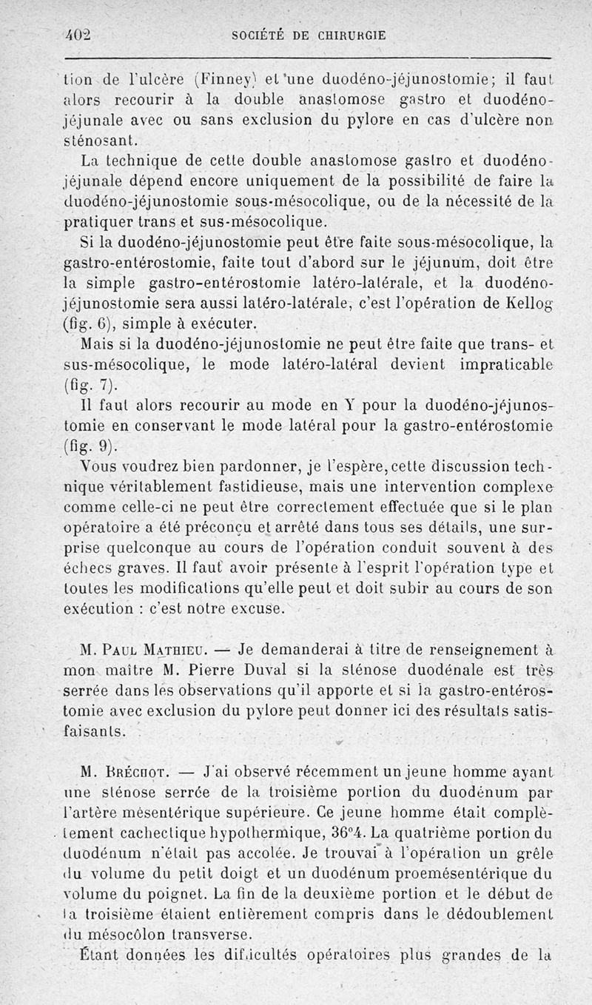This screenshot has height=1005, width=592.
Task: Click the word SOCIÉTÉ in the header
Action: click(x=258, y=35)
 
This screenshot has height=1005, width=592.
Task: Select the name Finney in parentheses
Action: click(x=175, y=79)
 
